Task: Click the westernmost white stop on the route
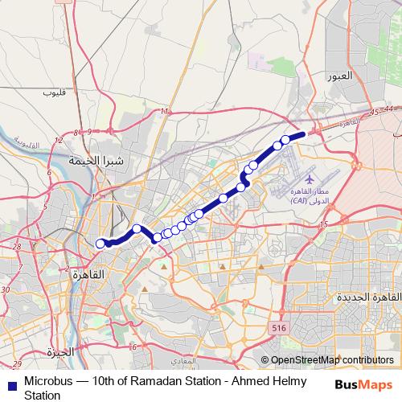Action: point(100,244)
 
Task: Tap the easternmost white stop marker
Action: point(285,140)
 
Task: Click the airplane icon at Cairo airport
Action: point(310,178)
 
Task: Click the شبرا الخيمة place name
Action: point(96,160)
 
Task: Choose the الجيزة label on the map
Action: point(60,351)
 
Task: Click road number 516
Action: point(279,328)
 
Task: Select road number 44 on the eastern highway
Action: point(389,109)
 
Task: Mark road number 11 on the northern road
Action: point(164,111)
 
